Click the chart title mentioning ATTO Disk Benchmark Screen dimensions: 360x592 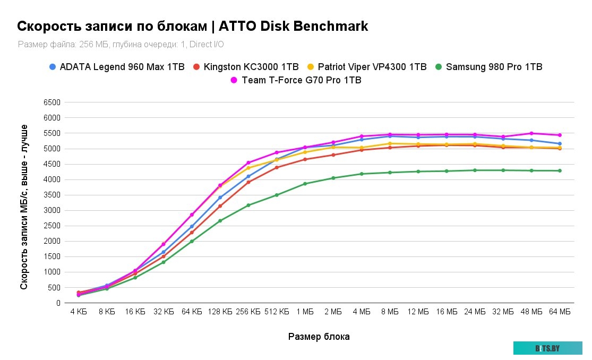tap(193, 27)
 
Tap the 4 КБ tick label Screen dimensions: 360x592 tap(79, 312)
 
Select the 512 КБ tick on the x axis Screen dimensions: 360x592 tap(277, 312)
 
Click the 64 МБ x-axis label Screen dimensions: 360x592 tap(560, 312)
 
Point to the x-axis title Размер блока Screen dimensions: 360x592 tap(319, 337)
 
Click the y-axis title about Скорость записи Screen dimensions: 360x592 tap(24, 207)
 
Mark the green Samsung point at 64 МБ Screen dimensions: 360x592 tap(560, 170)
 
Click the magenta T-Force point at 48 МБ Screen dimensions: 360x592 tap(531, 133)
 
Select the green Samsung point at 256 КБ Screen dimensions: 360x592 tap(248, 205)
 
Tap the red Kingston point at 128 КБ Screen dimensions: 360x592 tap(220, 206)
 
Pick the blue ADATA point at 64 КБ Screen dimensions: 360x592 tap(192, 226)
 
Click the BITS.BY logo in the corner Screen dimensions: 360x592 tap(547, 348)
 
